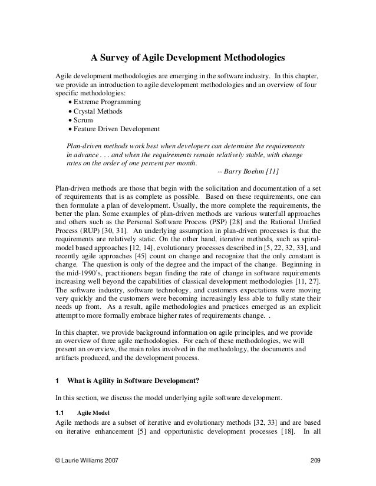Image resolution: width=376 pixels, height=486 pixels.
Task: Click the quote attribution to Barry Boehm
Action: (248, 171)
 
